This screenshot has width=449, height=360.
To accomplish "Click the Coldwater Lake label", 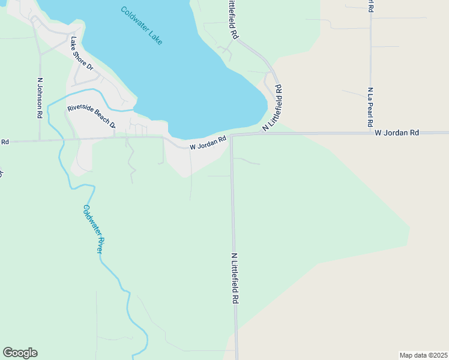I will click(x=142, y=26).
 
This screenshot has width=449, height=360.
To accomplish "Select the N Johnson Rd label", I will click(x=40, y=98).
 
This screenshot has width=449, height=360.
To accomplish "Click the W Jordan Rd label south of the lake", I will click(x=208, y=143).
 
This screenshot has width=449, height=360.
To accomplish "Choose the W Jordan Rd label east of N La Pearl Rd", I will click(x=396, y=133).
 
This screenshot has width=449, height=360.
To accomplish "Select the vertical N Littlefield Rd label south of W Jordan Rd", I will click(x=236, y=277).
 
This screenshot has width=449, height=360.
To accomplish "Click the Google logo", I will click(x=20, y=353).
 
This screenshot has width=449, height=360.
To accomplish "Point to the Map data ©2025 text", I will click(x=423, y=355).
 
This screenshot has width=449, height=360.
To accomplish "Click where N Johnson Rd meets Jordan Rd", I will click(x=40, y=140).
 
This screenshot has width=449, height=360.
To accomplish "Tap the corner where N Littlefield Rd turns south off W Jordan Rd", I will click(x=232, y=136).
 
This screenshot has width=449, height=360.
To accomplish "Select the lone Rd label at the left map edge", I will click(x=4, y=142).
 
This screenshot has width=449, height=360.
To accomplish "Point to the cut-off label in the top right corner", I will click(x=372, y=6).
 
